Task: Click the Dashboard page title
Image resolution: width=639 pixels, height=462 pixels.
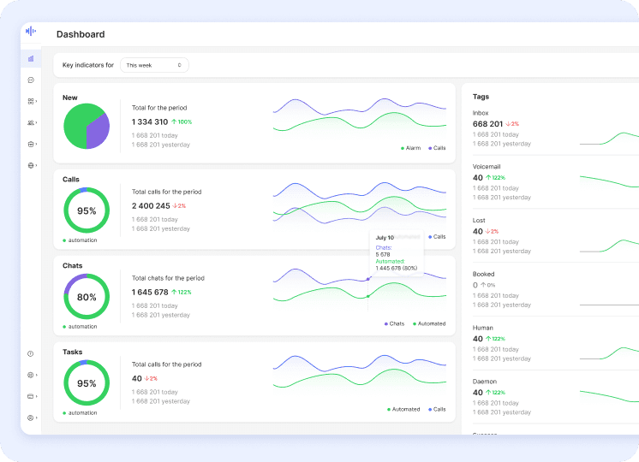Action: [81, 34]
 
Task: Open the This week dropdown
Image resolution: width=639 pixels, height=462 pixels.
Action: [153, 65]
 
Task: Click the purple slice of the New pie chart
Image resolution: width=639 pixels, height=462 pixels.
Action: [99, 130]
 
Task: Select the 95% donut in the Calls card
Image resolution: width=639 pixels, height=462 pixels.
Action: [87, 210]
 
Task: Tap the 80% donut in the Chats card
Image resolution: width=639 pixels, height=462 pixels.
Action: [87, 297]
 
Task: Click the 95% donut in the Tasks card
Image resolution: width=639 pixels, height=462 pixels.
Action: [87, 383]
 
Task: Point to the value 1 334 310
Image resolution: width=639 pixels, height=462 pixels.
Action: [150, 122]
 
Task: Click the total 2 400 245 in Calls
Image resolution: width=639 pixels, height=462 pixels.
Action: [151, 206]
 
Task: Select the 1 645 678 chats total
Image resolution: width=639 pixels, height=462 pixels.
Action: [150, 293]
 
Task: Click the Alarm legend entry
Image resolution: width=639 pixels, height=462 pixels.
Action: [412, 148]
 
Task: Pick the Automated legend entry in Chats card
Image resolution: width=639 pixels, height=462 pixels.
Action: [430, 323]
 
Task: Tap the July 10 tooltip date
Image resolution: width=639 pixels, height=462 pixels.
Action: [385, 238]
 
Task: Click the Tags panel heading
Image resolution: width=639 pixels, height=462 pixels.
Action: [481, 97]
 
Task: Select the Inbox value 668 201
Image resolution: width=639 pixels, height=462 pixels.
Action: [487, 124]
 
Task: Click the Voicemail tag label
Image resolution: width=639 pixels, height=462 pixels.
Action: [486, 166]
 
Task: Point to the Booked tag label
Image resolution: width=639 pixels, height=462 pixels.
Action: [483, 274]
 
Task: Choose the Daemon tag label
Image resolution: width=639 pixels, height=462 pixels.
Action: [484, 381]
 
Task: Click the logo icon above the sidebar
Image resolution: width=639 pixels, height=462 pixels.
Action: [31, 31]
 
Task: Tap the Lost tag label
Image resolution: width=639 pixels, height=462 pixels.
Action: [479, 220]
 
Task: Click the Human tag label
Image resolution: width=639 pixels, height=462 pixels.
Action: [483, 327]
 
